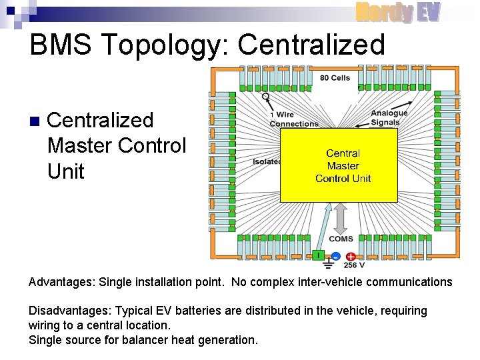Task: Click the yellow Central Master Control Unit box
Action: click(x=339, y=165)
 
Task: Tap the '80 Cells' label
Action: click(x=335, y=78)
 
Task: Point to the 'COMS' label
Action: click(x=341, y=239)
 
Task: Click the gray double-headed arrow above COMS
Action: click(x=341, y=217)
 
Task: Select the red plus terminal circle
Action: click(x=351, y=257)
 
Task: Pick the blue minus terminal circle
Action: click(x=336, y=257)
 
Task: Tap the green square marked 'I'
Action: click(x=319, y=255)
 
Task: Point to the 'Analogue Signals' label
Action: click(x=389, y=117)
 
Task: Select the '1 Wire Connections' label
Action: click(x=294, y=119)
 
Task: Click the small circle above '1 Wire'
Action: click(x=265, y=96)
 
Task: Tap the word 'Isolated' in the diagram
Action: click(x=267, y=161)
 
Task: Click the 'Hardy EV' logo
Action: click(x=398, y=11)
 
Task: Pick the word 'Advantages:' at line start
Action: click(x=61, y=282)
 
